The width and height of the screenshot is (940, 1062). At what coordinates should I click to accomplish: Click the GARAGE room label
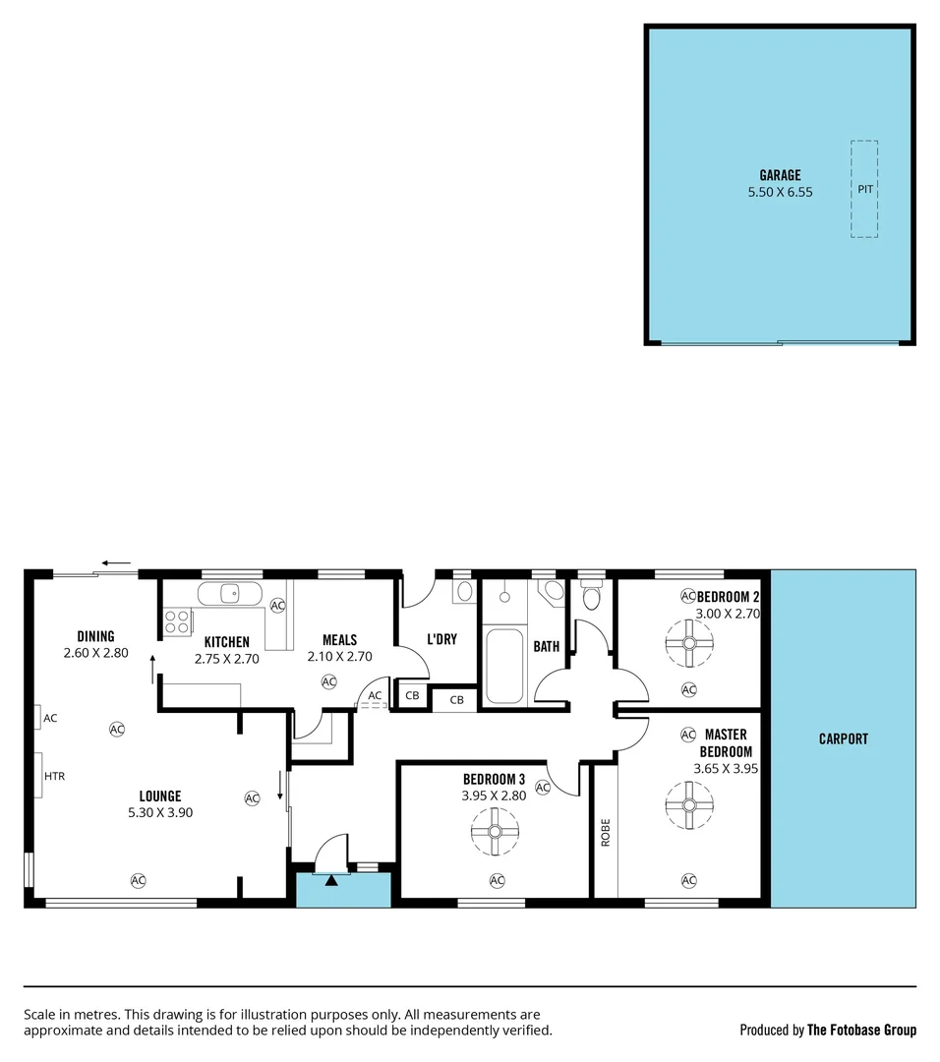(780, 176)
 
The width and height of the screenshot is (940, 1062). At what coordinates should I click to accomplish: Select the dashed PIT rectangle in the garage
(864, 189)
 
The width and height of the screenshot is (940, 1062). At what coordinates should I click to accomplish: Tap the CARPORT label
(843, 738)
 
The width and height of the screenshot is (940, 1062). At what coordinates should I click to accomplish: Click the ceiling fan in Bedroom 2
(688, 643)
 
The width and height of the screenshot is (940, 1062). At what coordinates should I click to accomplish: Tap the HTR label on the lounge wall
(53, 776)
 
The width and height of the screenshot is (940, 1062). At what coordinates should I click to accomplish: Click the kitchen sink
(229, 594)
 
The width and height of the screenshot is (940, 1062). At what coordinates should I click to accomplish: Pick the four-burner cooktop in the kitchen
(177, 621)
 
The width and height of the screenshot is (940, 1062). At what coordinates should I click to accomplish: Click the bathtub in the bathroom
(504, 666)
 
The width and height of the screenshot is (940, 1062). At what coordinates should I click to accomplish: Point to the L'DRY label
(442, 639)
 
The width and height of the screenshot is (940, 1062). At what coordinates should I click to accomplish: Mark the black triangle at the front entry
(332, 880)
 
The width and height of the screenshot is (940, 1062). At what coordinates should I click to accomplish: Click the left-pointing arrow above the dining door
(116, 564)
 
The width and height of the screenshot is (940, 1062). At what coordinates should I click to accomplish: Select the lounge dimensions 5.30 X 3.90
(159, 813)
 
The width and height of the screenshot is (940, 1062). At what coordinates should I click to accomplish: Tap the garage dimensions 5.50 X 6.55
(780, 193)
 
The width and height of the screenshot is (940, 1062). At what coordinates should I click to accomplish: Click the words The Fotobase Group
(861, 1031)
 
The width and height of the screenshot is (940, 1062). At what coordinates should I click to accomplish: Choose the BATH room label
(546, 647)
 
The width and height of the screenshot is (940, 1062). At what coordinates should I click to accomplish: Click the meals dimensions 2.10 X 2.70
(339, 657)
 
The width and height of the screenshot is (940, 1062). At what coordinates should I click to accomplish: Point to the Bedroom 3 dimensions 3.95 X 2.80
(495, 796)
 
